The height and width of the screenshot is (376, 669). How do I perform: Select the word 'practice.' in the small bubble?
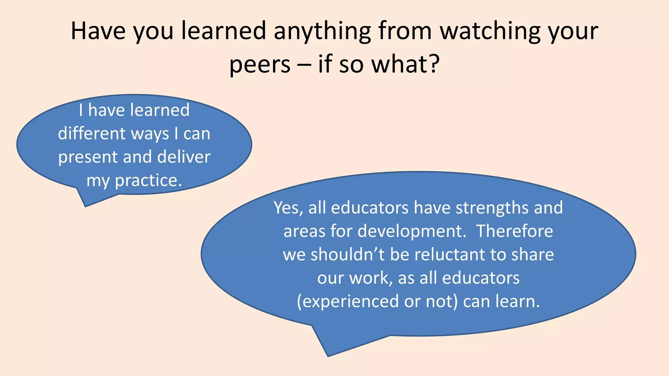pos(148,180)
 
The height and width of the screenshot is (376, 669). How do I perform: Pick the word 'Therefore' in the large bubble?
pos(514,231)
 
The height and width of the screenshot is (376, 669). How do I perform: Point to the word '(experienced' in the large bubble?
pos(348,302)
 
